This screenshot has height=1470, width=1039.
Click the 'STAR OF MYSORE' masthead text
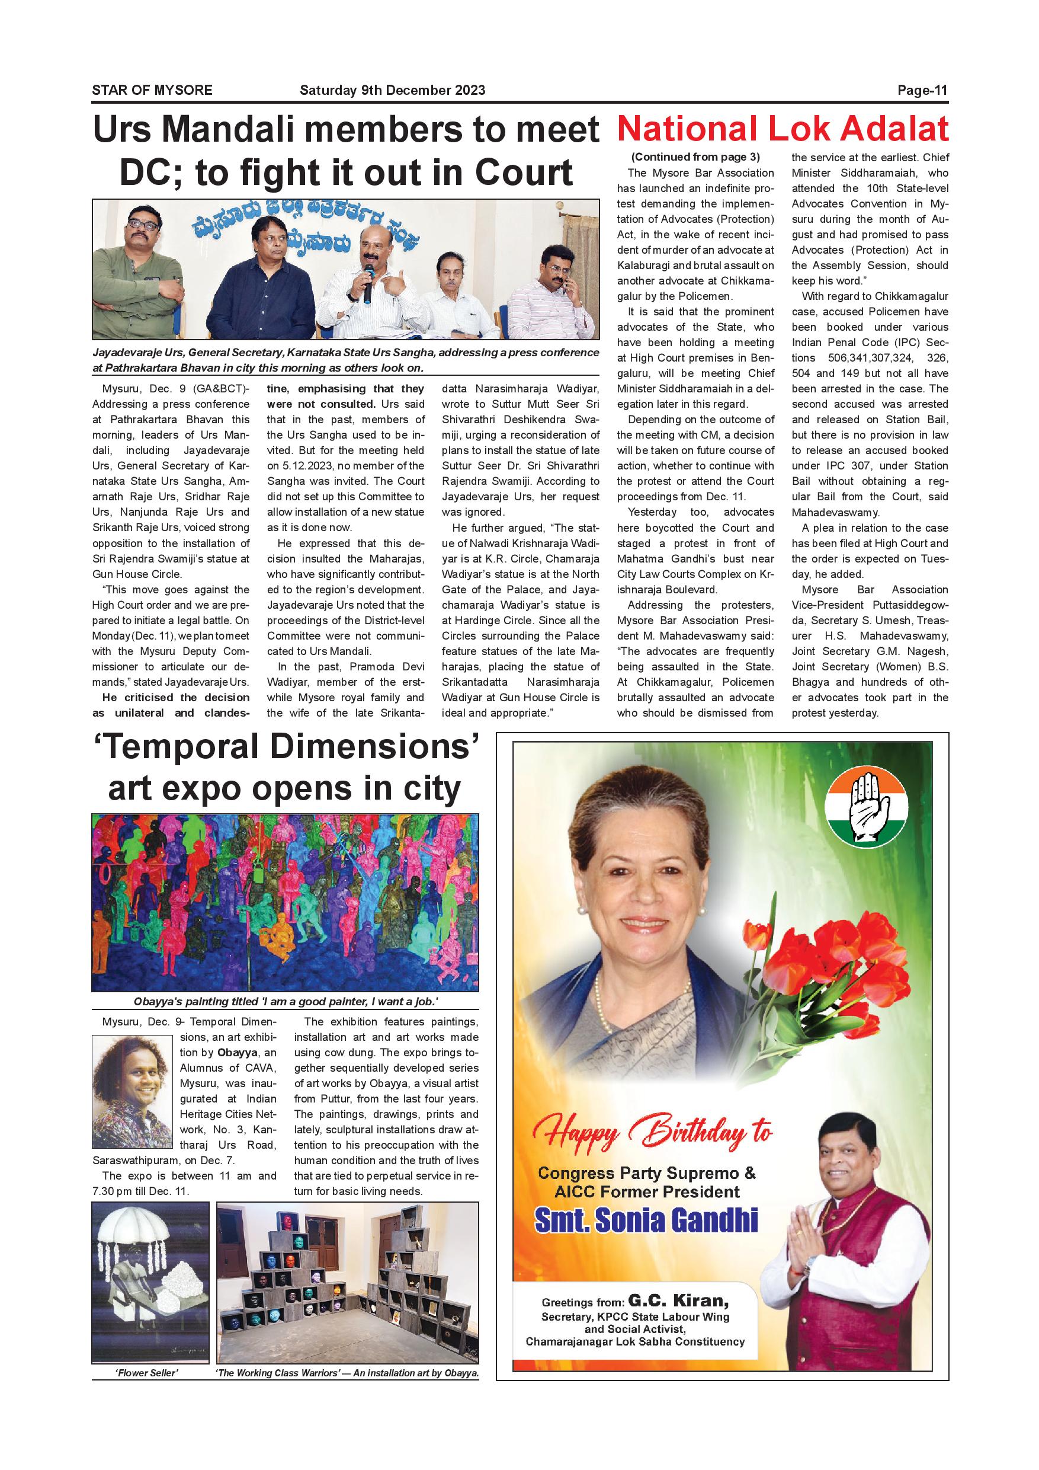(x=152, y=90)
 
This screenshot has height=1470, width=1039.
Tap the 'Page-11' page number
(x=922, y=90)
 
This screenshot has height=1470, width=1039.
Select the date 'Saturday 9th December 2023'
(x=392, y=90)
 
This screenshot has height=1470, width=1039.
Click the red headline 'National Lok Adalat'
(x=783, y=129)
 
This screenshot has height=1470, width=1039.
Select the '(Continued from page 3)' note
(x=695, y=157)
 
